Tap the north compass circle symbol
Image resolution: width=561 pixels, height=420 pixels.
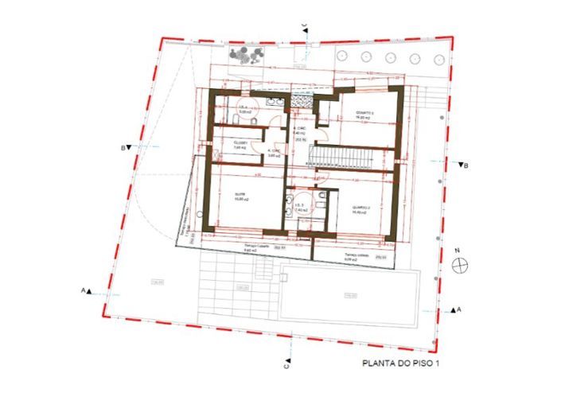[458, 266]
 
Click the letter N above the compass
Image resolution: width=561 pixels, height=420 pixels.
[458, 252]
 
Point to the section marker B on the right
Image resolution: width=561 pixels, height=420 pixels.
[464, 165]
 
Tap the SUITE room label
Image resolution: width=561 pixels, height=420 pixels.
[239, 195]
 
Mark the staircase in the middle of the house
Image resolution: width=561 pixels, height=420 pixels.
[344, 156]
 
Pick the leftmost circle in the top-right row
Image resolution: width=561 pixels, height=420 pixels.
[341, 56]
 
